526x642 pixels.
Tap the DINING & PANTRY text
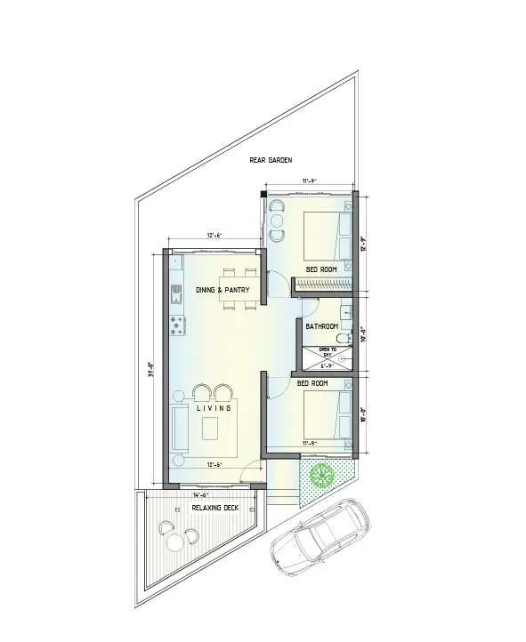tap(222, 290)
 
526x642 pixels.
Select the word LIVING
tap(214, 408)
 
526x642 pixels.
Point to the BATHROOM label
tap(320, 326)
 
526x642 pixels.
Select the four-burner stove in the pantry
tap(177, 326)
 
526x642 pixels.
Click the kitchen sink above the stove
tap(176, 291)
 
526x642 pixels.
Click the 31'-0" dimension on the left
tap(152, 365)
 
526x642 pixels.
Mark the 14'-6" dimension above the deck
tap(200, 494)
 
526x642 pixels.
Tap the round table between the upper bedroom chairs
tap(276, 220)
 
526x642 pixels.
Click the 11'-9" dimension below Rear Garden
tap(310, 181)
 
